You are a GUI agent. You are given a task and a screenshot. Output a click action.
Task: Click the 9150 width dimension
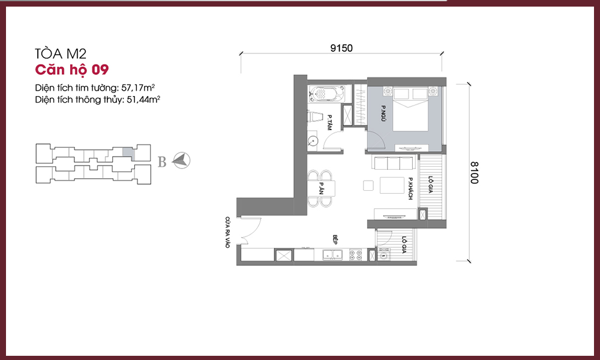click(x=341, y=48)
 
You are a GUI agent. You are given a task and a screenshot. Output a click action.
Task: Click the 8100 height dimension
click(x=474, y=173)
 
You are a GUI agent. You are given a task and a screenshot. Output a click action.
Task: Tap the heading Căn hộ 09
click(x=72, y=70)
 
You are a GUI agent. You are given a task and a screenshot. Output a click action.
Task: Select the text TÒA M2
click(x=61, y=53)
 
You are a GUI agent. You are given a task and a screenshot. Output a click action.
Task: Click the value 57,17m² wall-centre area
click(x=138, y=88)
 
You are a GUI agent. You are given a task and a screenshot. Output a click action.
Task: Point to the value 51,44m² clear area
click(x=143, y=100)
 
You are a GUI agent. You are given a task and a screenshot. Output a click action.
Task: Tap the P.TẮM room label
click(x=329, y=122)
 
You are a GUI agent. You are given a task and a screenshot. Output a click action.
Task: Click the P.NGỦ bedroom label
click(x=383, y=113)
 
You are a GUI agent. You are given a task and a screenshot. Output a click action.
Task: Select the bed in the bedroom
click(x=410, y=109)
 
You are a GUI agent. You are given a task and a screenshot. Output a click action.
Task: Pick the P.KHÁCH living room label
click(x=410, y=188)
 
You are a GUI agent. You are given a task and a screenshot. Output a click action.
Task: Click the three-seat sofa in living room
click(x=394, y=163)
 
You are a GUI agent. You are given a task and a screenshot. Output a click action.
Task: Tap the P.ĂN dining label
click(x=322, y=188)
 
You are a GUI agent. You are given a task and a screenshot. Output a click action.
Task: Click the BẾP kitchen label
click(x=335, y=239)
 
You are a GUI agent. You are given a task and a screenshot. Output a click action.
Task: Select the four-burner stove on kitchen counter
click(x=355, y=255)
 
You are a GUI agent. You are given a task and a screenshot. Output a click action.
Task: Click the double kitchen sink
click(x=332, y=255)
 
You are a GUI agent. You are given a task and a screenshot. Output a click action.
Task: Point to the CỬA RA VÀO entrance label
click(x=227, y=233)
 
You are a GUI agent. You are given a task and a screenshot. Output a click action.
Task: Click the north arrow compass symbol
click(x=181, y=160)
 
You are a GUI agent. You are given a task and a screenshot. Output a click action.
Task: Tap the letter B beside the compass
click(x=162, y=162)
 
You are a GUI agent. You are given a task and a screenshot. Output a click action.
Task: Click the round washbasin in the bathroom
click(x=313, y=141)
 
